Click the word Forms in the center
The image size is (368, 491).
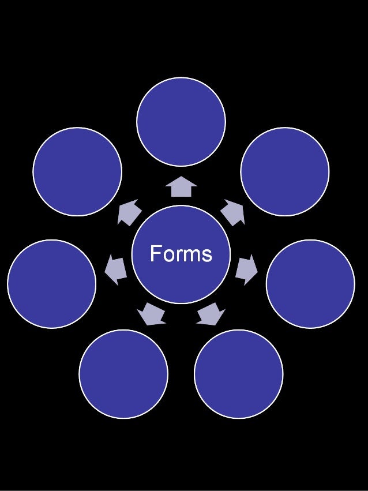coord(181,254)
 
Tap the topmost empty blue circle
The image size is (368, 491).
coord(181,122)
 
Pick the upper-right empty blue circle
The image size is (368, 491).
coord(284,171)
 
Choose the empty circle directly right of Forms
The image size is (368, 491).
coord(310,284)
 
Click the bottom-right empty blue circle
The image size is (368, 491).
coord(238,374)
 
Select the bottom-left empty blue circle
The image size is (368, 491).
coord(123,374)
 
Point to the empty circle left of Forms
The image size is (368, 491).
coord(51,284)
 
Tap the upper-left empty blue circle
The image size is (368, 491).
coord(77,171)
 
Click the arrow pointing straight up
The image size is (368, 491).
coord(181,187)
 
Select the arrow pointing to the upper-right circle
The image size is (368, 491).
coord(233,212)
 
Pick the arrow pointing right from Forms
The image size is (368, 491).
coord(246,269)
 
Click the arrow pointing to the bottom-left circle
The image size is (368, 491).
coord(152,313)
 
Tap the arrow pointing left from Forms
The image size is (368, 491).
coord(115,269)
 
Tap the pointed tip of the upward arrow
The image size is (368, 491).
coord(181,177)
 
